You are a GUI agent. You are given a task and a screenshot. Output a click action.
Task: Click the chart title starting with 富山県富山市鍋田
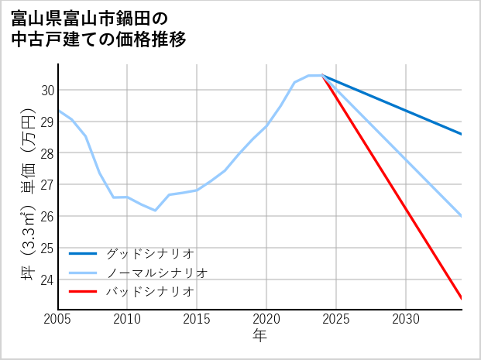tap(99, 28)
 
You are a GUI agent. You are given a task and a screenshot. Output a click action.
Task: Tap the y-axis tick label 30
tap(46, 91)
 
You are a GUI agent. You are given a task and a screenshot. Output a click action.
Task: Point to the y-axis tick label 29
tap(46, 122)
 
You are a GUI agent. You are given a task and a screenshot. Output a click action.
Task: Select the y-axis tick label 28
tap(46, 153)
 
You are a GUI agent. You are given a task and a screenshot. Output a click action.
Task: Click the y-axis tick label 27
tap(46, 185)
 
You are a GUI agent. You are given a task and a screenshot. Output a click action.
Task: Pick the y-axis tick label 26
tap(46, 217)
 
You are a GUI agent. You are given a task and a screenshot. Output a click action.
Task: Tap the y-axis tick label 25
tap(46, 249)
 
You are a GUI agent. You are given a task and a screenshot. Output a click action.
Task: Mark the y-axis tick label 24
tap(46, 279)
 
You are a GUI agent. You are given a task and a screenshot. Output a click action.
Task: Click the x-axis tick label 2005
tap(58, 319)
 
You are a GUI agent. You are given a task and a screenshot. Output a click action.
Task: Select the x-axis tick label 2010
tap(127, 319)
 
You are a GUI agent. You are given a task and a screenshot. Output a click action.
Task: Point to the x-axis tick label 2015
tap(197, 319)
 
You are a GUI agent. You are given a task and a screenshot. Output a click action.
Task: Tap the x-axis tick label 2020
tap(266, 319)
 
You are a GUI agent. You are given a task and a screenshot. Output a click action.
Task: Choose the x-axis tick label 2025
tap(336, 319)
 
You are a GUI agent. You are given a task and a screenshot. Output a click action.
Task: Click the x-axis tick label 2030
tap(406, 319)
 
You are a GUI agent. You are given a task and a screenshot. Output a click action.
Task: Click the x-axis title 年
tap(259, 336)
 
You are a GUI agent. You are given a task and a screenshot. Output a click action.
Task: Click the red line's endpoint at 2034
tap(462, 298)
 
